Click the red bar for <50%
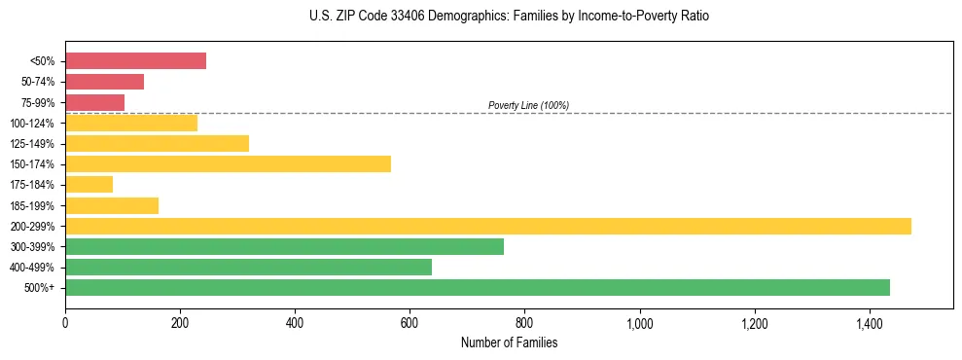(x=135, y=61)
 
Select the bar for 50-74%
(x=104, y=82)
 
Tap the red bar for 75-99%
(x=94, y=102)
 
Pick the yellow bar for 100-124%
(x=131, y=123)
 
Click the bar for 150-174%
(x=228, y=163)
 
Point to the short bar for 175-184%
(x=89, y=184)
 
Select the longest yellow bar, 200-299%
(x=487, y=226)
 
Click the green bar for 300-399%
(x=284, y=246)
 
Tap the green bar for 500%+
(x=477, y=287)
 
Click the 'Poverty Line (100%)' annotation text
(x=528, y=105)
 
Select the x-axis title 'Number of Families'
(x=510, y=342)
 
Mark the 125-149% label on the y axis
(x=33, y=144)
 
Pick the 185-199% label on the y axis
(x=33, y=205)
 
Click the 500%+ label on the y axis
(x=39, y=288)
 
